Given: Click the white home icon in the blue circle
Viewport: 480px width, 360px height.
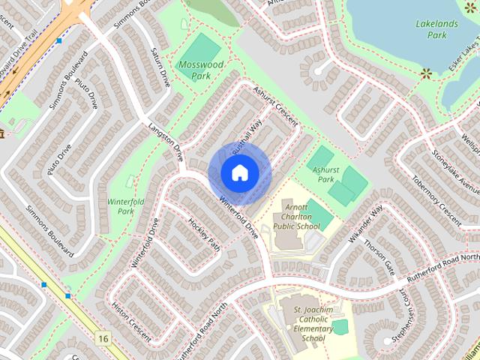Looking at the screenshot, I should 239,172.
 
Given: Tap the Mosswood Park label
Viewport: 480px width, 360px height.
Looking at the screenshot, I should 201,70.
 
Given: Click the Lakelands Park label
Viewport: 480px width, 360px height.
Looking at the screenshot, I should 436,28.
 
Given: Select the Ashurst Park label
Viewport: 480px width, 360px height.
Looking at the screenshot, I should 325,175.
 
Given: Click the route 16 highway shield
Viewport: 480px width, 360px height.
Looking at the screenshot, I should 103,339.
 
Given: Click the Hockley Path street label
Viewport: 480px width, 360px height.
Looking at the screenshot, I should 204,234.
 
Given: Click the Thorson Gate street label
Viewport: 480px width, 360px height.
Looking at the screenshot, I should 379,256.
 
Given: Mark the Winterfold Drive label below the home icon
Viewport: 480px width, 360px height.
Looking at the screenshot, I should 239,217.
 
